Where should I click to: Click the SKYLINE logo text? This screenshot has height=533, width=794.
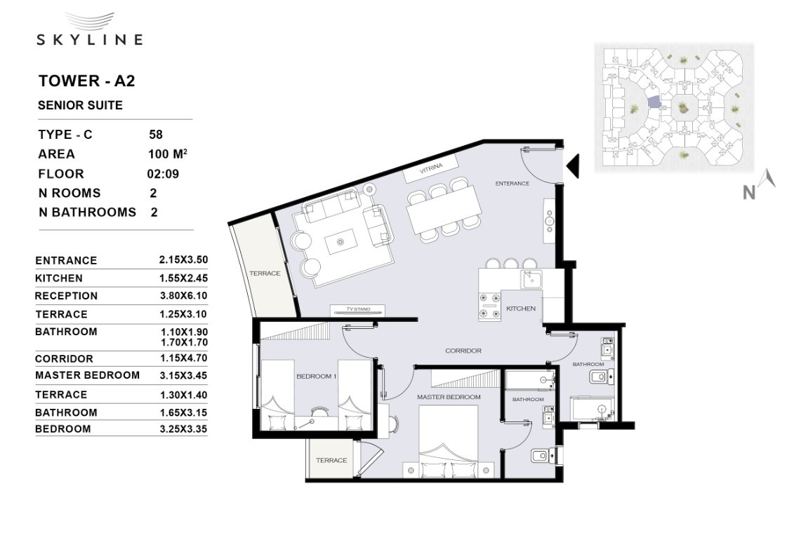click(x=90, y=39)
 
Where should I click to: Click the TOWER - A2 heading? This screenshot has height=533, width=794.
click(x=86, y=81)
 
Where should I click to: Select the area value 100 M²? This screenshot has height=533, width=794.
click(x=168, y=154)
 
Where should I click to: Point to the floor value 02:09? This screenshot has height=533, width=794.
click(x=163, y=174)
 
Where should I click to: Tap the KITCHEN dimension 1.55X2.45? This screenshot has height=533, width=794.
click(x=183, y=278)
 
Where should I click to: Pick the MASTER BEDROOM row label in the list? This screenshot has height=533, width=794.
click(x=87, y=375)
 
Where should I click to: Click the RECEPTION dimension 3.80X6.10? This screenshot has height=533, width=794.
click(x=183, y=296)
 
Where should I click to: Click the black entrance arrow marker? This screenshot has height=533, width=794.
click(x=573, y=166)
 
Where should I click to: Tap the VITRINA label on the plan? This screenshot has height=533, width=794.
click(x=431, y=168)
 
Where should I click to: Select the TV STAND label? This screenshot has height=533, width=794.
click(x=358, y=309)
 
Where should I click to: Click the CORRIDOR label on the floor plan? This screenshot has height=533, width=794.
click(x=463, y=351)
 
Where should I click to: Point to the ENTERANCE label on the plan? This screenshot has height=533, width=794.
click(x=512, y=184)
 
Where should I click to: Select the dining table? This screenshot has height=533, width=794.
click(x=444, y=210)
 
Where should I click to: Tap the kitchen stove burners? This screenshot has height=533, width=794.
click(x=489, y=307)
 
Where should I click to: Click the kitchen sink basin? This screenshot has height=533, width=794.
click(x=531, y=278)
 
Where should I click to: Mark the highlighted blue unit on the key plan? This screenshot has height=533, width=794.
click(x=654, y=102)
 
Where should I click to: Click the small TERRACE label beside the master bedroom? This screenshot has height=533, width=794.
click(x=331, y=460)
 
